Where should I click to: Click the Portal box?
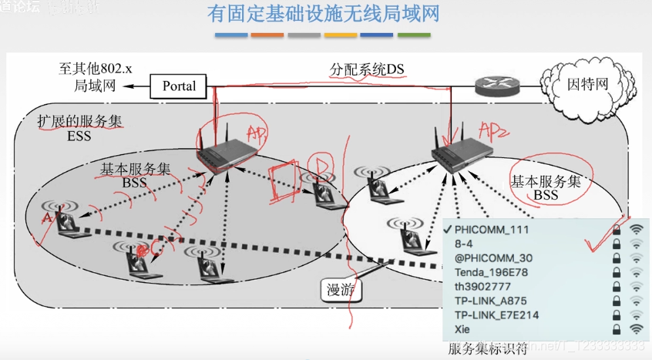click(179, 86)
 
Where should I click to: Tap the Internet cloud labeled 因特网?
click(588, 83)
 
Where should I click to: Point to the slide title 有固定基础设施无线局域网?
click(323, 15)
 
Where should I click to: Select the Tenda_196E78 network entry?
click(491, 272)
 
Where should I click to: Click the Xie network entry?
click(463, 330)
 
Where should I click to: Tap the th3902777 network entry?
click(483, 287)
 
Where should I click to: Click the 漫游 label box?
click(340, 290)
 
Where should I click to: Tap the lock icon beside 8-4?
click(617, 244)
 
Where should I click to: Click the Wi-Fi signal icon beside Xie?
click(636, 330)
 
